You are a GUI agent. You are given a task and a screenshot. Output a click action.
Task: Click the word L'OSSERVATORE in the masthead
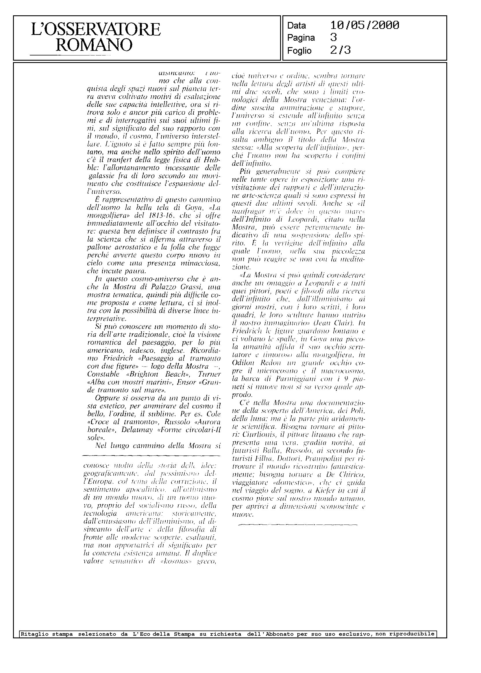pyautogui.click(x=96, y=30)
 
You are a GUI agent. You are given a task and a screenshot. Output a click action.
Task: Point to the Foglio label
pyautogui.click(x=299, y=51)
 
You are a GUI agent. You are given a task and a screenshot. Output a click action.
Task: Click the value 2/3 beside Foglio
pyautogui.click(x=340, y=51)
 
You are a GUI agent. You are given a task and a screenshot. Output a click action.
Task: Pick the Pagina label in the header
pyautogui.click(x=301, y=38)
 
